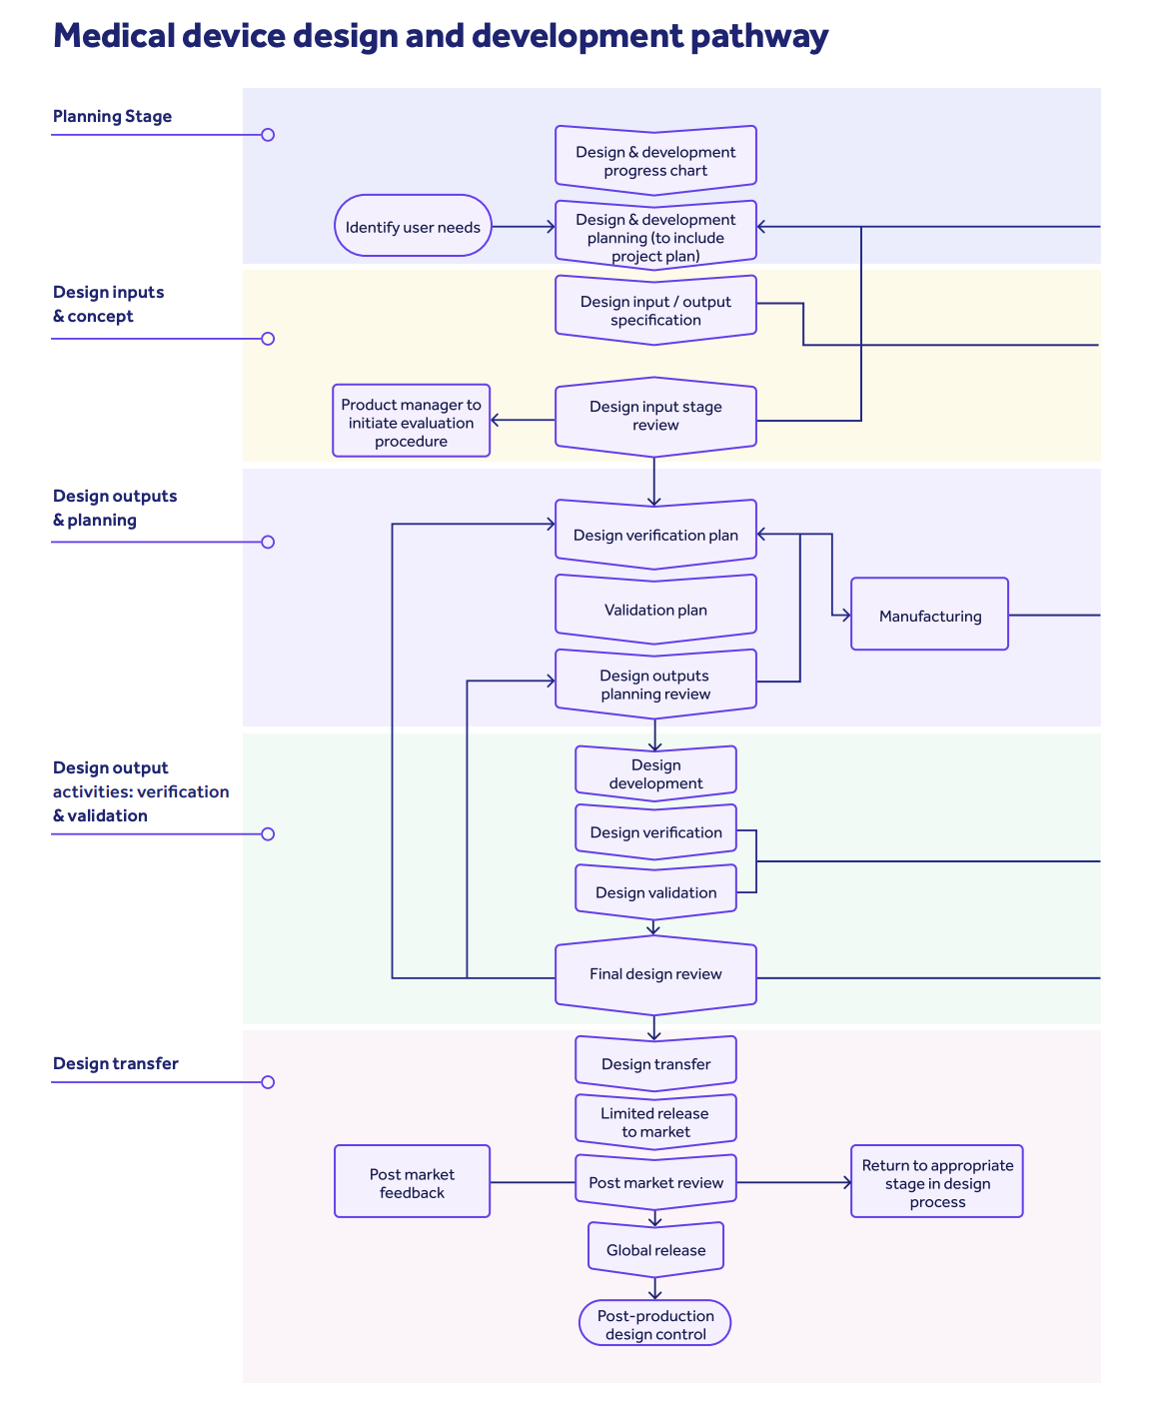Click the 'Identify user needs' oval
(x=413, y=226)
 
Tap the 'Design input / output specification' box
(x=655, y=310)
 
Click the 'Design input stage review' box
(x=655, y=416)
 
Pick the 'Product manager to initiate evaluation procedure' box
(x=411, y=422)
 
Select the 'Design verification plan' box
(x=655, y=535)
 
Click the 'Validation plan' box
(x=655, y=610)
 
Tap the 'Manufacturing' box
(x=929, y=616)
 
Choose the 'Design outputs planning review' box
(x=655, y=685)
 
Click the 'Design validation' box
(x=655, y=891)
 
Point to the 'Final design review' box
(x=655, y=974)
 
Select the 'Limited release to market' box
(x=655, y=1122)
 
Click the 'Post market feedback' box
(x=412, y=1182)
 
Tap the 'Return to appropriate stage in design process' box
(x=936, y=1182)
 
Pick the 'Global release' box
(x=655, y=1249)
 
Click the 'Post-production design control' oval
(x=655, y=1324)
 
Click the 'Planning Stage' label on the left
(x=112, y=116)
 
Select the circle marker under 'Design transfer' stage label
(x=268, y=1082)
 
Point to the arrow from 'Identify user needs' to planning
(x=524, y=227)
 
